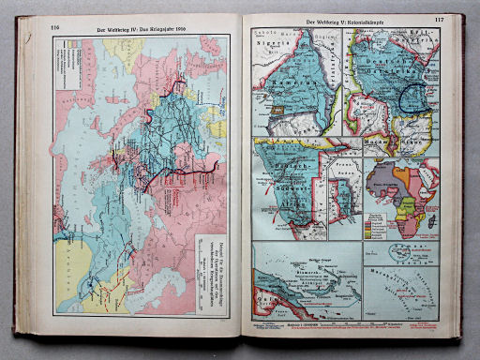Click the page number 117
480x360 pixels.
439,20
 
